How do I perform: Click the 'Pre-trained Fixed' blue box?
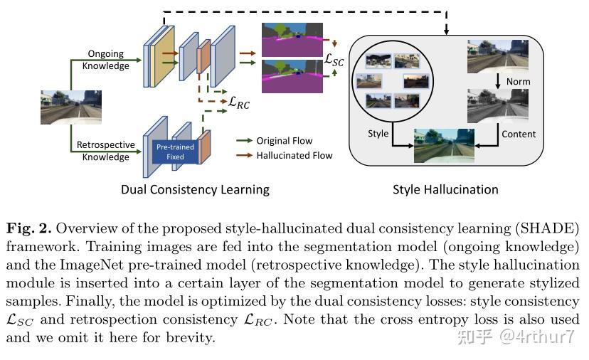tap(175, 152)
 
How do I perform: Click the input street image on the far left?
tap(70, 107)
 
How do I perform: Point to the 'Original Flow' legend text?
tap(284, 141)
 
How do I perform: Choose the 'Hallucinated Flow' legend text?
tap(294, 155)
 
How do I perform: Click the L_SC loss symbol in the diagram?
tap(334, 60)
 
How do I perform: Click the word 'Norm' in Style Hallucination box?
tap(518, 82)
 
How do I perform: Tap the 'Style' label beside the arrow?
tap(378, 134)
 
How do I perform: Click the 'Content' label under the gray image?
tap(519, 134)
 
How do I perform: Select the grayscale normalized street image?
tap(497, 106)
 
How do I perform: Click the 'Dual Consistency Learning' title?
tap(195, 189)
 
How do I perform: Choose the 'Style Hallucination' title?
tap(445, 189)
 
